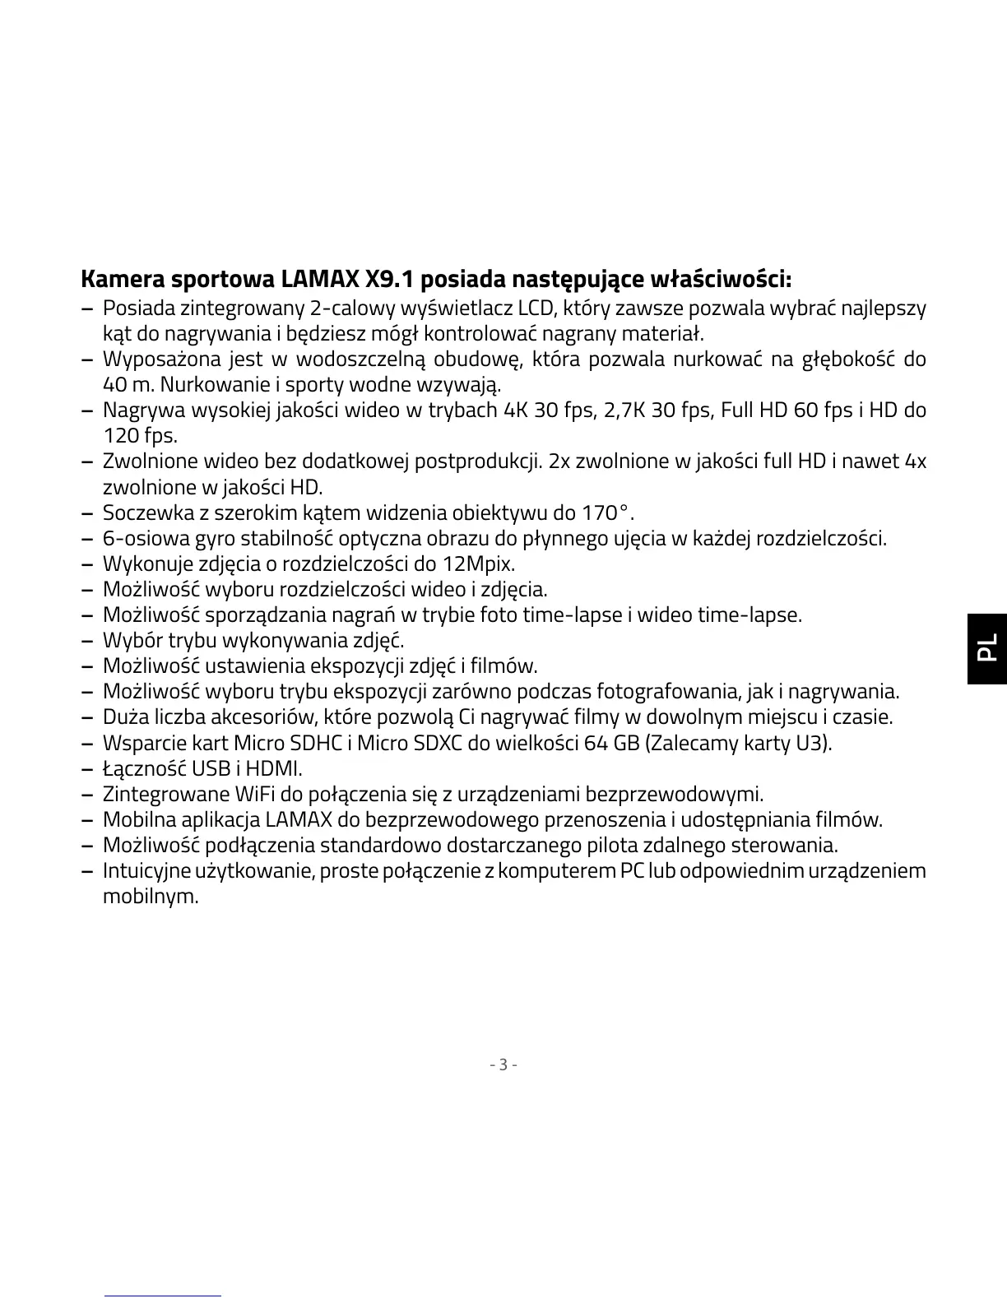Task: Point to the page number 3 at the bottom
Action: pyautogui.click(x=503, y=1064)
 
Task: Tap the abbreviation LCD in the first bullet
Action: pyautogui.click(x=535, y=308)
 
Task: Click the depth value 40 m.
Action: pyautogui.click(x=128, y=385)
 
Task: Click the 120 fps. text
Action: pyautogui.click(x=140, y=436)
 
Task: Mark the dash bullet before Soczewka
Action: pyautogui.click(x=87, y=513)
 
